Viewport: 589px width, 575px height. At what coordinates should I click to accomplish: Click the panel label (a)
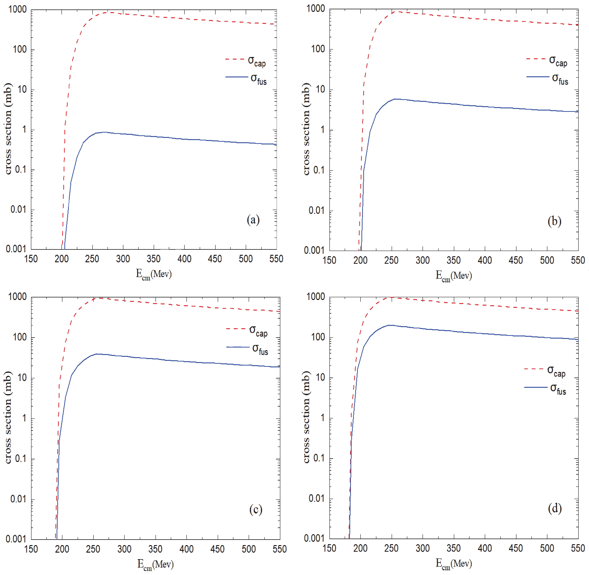[253, 219]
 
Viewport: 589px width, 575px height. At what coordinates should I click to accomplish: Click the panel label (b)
[554, 221]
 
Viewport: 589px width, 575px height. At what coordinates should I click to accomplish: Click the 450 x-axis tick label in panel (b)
[516, 260]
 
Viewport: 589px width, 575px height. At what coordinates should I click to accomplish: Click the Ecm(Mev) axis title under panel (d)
[454, 564]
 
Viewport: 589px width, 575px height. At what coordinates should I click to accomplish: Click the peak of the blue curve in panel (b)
[395, 99]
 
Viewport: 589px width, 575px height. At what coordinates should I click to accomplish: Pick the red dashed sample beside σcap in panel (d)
[535, 369]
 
